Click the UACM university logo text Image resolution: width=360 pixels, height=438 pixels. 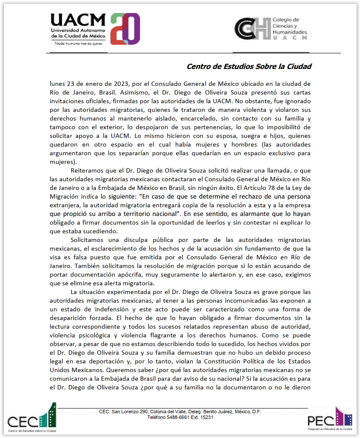(x=78, y=20)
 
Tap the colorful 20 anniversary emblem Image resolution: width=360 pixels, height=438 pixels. (x=125, y=29)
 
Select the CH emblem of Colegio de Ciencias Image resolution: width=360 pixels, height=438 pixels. (x=252, y=29)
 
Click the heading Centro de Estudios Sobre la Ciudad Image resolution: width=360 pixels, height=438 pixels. (x=249, y=66)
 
